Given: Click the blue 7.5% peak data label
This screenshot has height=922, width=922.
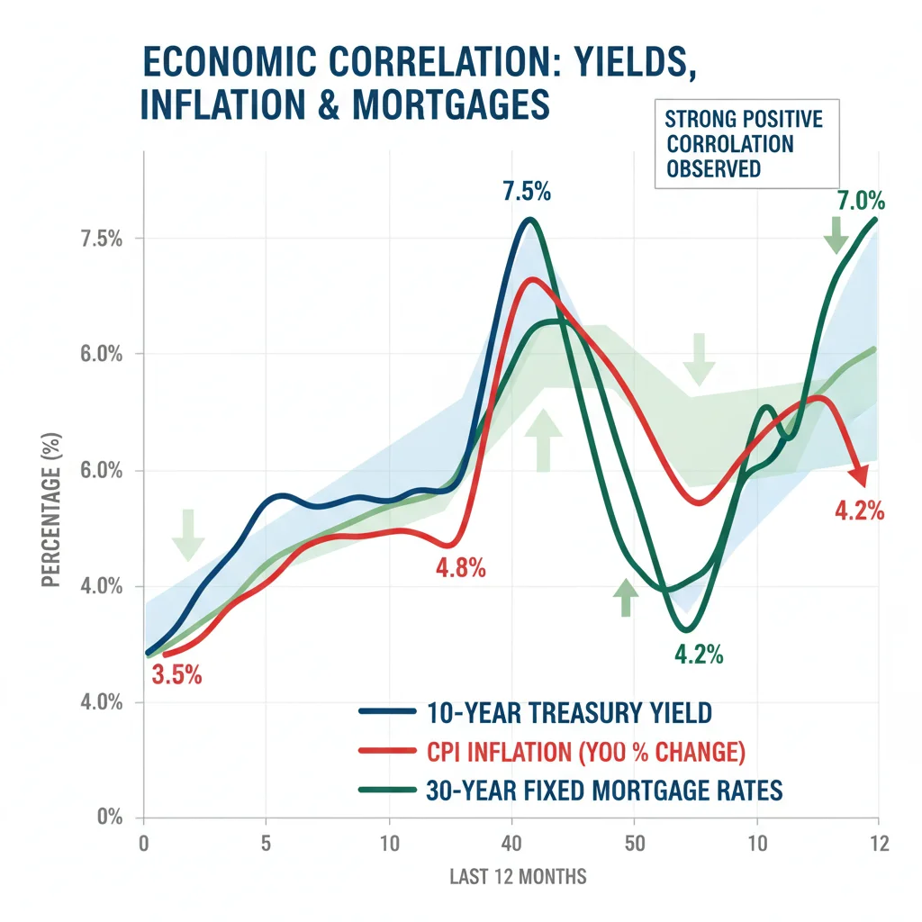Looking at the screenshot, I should coord(527,192).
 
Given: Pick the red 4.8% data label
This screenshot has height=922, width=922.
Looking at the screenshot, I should coord(460,568).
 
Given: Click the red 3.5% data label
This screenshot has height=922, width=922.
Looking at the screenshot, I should coord(176,673).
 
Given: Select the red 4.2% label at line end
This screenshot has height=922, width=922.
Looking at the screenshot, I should coord(859,511).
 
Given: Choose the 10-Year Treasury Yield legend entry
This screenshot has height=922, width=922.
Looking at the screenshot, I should coord(535,713).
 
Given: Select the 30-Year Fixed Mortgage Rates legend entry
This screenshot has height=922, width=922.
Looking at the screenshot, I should coord(571,791).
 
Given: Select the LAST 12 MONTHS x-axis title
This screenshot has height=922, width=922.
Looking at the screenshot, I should coord(518,876).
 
